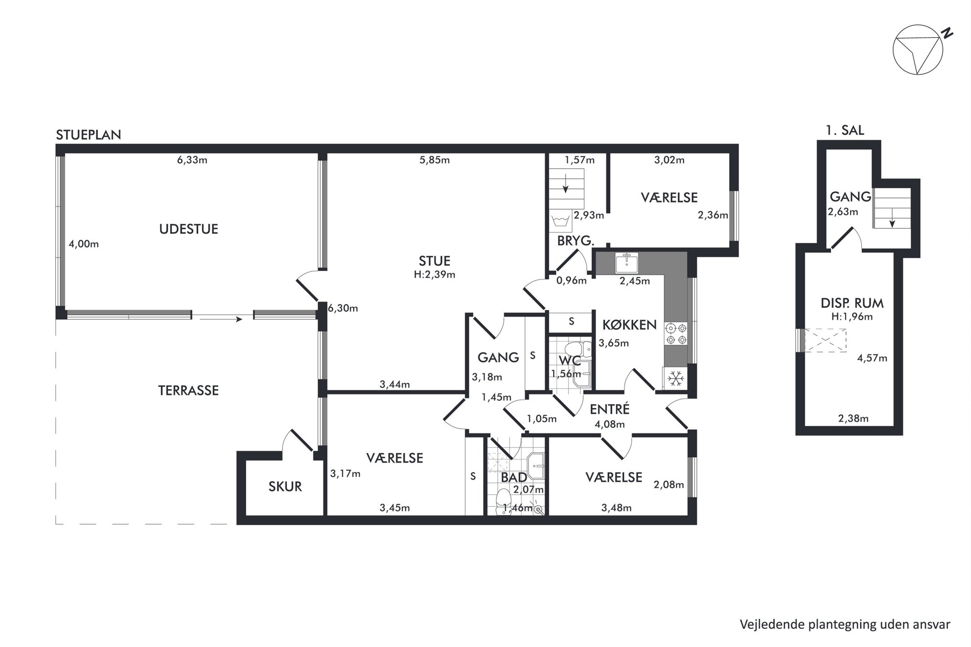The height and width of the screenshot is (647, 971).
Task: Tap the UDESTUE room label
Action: point(188,229)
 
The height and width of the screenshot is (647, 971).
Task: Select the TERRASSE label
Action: point(188,390)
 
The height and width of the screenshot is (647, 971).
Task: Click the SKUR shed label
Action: point(285,487)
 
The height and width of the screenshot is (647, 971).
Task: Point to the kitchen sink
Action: point(626,263)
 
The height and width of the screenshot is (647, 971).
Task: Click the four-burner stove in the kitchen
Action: point(676,334)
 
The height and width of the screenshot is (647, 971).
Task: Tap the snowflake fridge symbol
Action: point(676,379)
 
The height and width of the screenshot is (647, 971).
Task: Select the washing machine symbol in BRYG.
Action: point(560,222)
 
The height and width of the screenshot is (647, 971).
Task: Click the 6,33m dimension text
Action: point(192,160)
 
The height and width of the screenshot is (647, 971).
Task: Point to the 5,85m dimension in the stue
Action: point(435,160)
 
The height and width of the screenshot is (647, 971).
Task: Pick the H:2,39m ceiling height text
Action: point(435,275)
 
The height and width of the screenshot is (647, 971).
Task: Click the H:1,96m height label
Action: point(852,316)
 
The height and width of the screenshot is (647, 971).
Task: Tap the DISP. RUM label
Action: point(852,303)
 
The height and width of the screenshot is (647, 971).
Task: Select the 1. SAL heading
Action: point(845,130)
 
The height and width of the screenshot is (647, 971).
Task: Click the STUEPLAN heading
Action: point(89,135)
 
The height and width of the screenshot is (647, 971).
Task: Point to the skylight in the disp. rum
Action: point(825,340)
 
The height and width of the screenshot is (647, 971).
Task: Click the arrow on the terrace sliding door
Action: point(221,319)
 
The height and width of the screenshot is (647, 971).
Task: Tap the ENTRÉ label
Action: point(609,409)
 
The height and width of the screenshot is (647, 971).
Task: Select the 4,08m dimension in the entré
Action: point(609,424)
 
